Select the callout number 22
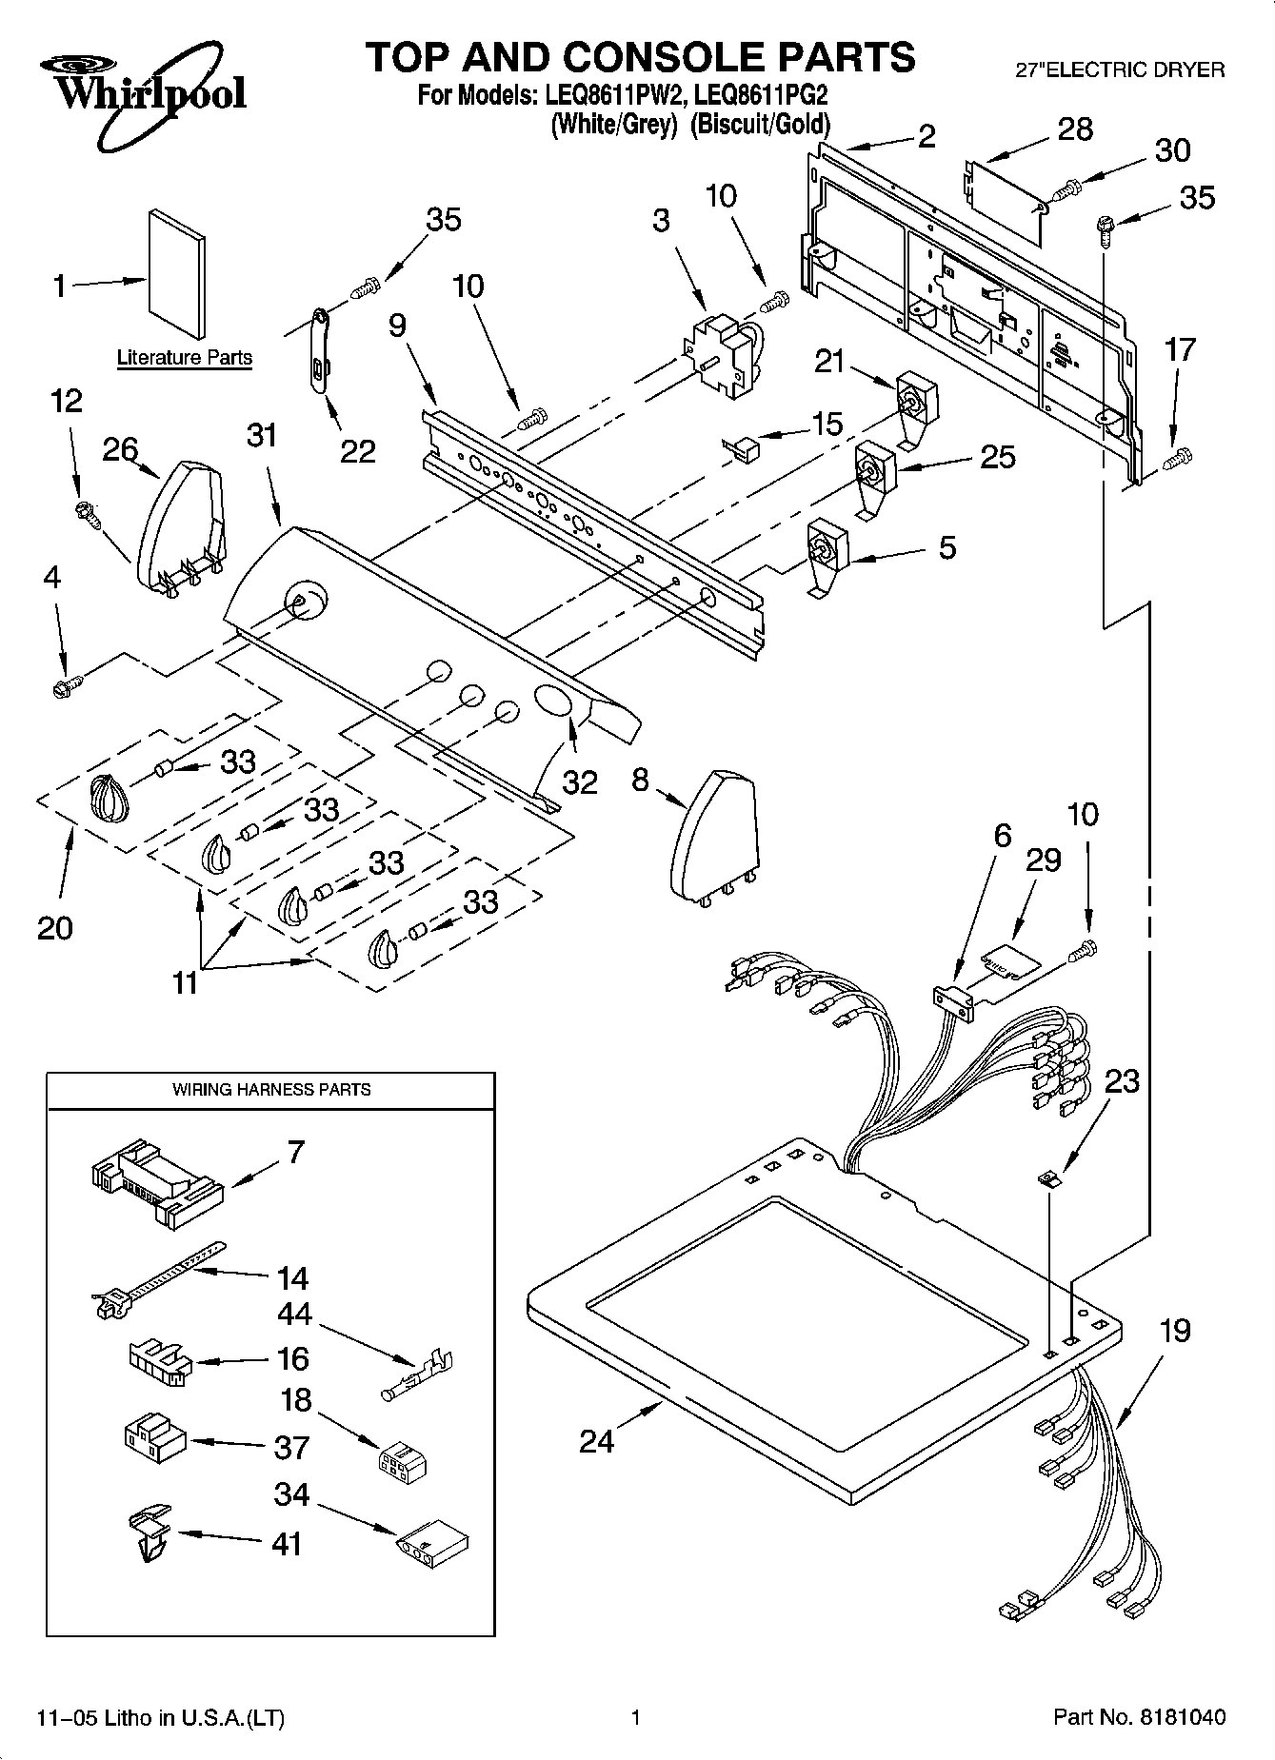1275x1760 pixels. click(x=358, y=451)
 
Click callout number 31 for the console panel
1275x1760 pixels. click(x=262, y=436)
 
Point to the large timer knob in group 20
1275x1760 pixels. click(x=109, y=796)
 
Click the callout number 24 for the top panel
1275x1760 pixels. click(x=597, y=1441)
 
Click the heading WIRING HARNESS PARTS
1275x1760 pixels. click(x=271, y=1090)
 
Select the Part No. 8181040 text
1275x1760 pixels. click(x=1139, y=1718)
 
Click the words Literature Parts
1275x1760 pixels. click(x=185, y=358)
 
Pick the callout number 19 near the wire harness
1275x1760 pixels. click(x=1175, y=1330)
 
